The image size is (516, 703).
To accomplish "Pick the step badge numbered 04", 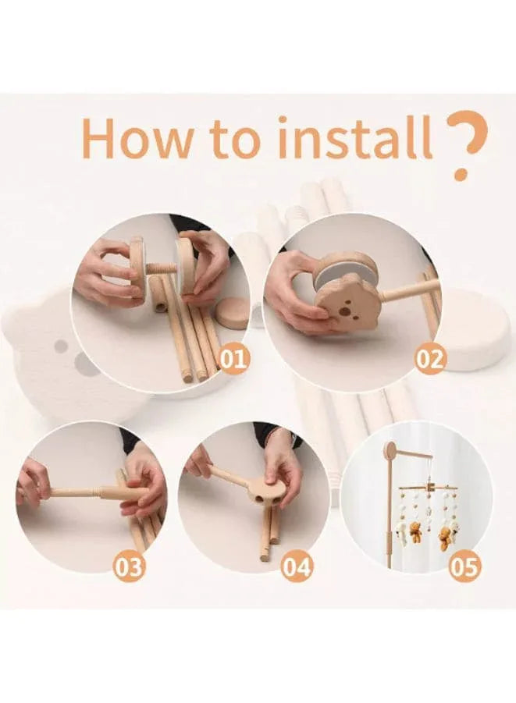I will [297, 566].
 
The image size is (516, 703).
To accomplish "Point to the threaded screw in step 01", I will [162, 267].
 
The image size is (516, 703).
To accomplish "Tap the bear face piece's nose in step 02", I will [343, 311].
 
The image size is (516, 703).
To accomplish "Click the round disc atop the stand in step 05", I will [390, 450].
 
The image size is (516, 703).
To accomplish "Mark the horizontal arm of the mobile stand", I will [414, 453].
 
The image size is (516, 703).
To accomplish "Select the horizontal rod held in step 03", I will [86, 492].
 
